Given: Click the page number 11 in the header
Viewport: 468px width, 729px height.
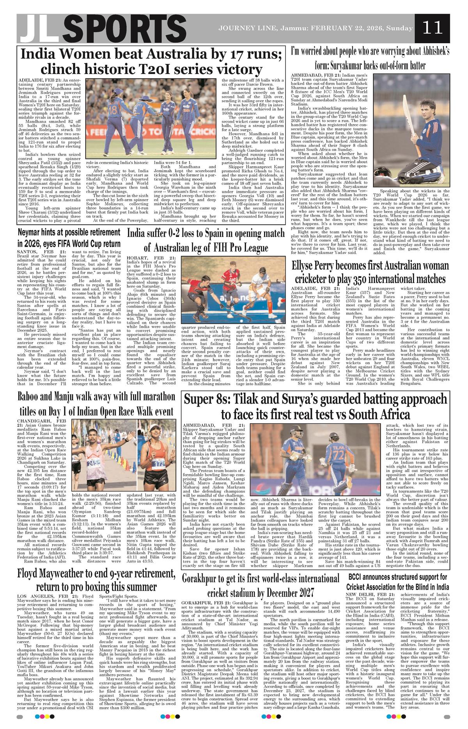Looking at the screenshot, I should click(432, 28).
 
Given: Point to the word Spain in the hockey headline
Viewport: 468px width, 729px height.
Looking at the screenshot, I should click(208, 234).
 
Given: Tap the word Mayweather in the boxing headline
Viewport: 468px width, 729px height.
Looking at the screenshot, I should click(67, 573).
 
